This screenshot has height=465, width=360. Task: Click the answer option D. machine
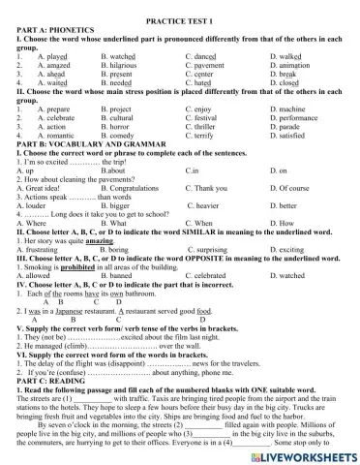(x=292, y=108)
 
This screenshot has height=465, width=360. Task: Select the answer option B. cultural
(x=118, y=117)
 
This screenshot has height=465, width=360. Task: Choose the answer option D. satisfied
(x=293, y=135)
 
